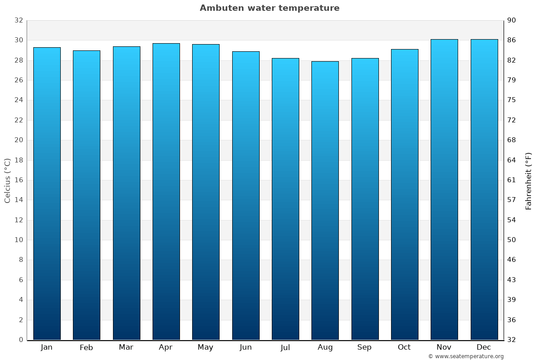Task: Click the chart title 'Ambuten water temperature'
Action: [x=270, y=8]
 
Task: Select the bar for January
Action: [x=47, y=193]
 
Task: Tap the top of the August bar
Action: [x=325, y=62]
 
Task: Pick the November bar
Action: [x=444, y=189]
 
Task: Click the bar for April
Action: [x=166, y=191]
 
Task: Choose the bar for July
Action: [x=285, y=198]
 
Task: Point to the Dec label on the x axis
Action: [x=484, y=347]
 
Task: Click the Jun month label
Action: [x=246, y=347]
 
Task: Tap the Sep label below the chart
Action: [x=364, y=347]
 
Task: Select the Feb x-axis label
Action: [x=86, y=347]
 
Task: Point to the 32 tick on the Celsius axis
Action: [x=18, y=20]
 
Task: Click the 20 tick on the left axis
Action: [x=18, y=140]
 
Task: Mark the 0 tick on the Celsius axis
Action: [x=21, y=340]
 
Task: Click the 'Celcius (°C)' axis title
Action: [x=8, y=180]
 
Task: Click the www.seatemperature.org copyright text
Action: [x=466, y=356]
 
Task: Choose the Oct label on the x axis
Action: [x=404, y=347]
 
